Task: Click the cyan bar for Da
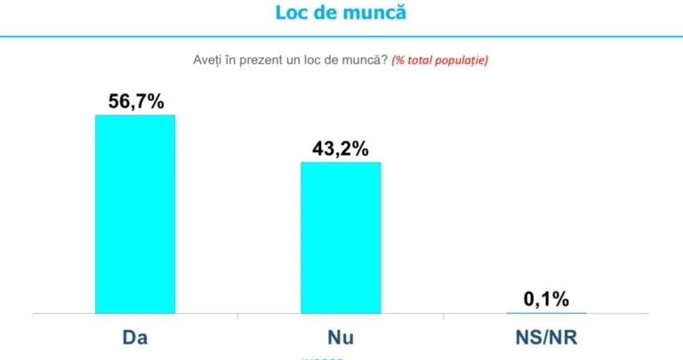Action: click(135, 213)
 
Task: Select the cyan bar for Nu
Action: click(341, 237)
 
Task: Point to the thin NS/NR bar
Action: click(546, 313)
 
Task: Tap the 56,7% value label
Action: click(136, 101)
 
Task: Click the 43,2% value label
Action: click(340, 148)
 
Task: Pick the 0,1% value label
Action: click(546, 300)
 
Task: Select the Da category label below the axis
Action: click(135, 339)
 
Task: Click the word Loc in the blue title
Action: click(293, 13)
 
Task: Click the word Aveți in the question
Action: click(207, 60)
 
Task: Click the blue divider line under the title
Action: click(341, 36)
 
